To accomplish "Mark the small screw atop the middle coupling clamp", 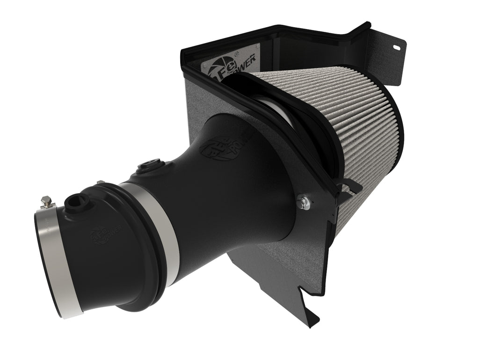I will click(x=99, y=184).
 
